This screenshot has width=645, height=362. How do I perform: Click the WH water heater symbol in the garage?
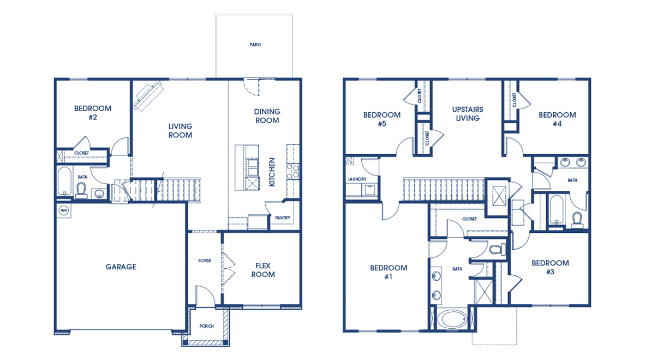63,210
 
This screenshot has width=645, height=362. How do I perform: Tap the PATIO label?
254,45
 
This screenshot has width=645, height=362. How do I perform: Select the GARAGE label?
121,267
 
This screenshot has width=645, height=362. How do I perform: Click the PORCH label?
206,326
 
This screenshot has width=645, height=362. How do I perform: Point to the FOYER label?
204,261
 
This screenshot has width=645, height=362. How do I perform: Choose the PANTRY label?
283,218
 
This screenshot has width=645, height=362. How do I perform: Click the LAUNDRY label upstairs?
357,179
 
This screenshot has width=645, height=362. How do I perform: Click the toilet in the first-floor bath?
82,189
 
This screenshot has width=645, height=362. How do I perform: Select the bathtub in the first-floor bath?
64,182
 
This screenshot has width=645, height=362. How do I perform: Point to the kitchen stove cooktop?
292,172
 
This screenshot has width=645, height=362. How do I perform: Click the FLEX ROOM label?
263,270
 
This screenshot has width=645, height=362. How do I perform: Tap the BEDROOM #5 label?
382,119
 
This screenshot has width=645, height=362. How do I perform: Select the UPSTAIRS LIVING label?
468,114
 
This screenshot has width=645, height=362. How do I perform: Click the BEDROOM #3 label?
550,267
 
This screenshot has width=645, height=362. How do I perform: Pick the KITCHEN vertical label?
272,172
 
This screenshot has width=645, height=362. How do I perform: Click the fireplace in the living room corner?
149,95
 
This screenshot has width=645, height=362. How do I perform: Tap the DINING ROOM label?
267,116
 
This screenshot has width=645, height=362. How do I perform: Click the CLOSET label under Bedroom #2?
81,153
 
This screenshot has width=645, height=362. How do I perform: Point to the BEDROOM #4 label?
557,119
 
